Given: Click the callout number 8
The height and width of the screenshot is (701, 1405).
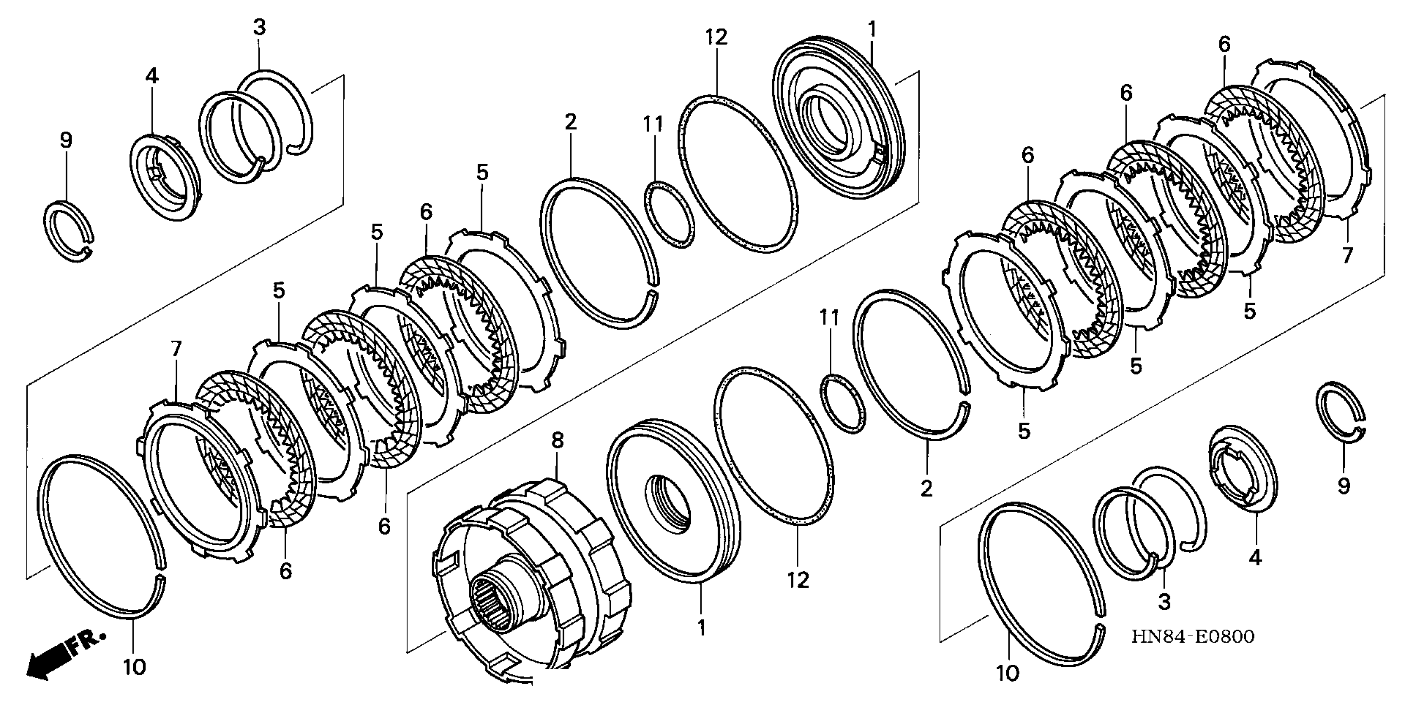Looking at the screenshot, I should point(557,441).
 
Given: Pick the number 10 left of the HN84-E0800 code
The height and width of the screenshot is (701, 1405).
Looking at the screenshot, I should point(1008,673).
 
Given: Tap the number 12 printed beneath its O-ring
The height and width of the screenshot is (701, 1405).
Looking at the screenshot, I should point(798,580).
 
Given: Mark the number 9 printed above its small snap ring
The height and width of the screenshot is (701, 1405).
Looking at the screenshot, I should point(66,140).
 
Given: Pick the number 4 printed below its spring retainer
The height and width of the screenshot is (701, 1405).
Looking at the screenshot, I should point(1256,557).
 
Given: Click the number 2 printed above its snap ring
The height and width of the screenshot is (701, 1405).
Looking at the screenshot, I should point(570,122).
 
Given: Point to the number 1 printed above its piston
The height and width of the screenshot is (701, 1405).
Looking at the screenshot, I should point(872,29).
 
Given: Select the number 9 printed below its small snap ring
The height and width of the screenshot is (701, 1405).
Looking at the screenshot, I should point(1344,485).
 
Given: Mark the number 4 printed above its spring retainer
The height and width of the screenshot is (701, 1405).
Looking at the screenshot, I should point(152,76).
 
